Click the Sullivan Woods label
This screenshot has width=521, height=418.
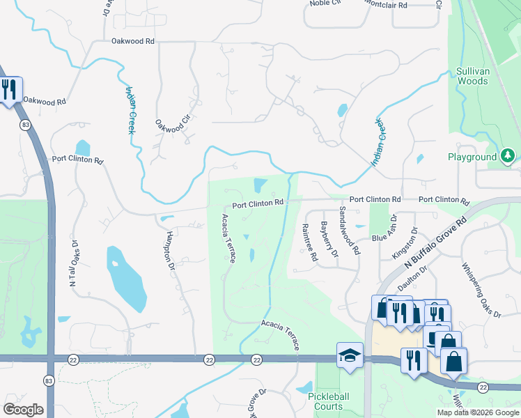click(472, 76)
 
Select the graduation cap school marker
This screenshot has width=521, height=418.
click(350, 355)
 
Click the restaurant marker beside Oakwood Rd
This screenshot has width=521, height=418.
click(9, 90)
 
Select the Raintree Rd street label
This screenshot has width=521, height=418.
click(309, 242)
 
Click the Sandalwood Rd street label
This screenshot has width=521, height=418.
click(349, 230)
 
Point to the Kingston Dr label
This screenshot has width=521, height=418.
click(405, 243)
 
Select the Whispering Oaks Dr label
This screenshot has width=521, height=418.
click(481, 290)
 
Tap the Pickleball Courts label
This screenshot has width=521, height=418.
click(325, 401)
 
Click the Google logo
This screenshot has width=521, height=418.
click(24, 410)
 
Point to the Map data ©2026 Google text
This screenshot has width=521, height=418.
click(478, 412)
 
